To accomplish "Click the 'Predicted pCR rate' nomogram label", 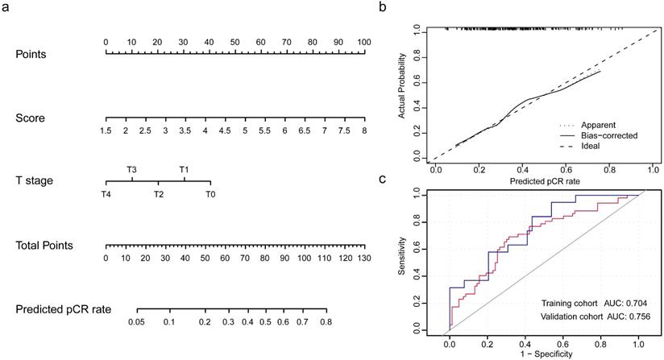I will click(63, 308).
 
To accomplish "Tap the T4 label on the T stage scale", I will click(106, 194).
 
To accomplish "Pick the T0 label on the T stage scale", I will click(210, 194).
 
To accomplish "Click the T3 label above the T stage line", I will click(131, 169).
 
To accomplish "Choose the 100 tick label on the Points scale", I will click(363, 42).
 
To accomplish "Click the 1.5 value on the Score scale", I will click(106, 130).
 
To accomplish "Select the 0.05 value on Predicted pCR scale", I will click(137, 321).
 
